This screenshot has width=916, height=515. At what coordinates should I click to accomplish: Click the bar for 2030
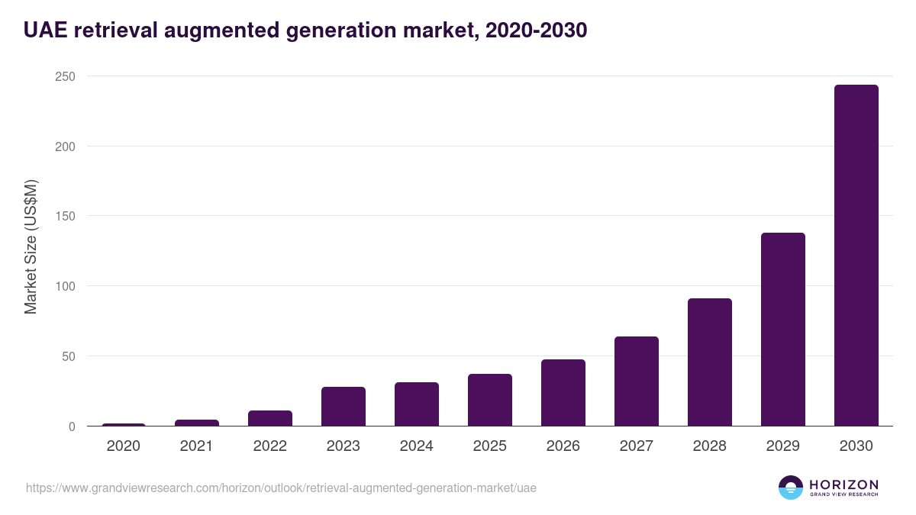(x=856, y=255)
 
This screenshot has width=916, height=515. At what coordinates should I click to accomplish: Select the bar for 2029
(x=782, y=329)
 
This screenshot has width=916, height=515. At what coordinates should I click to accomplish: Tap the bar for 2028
(x=709, y=362)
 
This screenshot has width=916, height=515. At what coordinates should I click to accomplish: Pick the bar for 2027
(x=636, y=381)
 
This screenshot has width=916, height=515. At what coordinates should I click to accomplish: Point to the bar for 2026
(x=563, y=392)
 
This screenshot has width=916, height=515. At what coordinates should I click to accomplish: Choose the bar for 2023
(x=343, y=406)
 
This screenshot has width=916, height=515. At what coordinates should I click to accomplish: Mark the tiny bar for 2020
(x=123, y=424)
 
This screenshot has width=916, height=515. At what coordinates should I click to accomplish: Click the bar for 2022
(x=269, y=418)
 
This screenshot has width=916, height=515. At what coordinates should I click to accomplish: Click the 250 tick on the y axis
(x=65, y=76)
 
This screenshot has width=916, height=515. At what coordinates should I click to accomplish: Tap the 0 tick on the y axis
(x=72, y=426)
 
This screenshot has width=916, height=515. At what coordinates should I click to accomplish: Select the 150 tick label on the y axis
(x=65, y=216)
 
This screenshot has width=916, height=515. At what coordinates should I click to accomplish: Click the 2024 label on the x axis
(x=416, y=446)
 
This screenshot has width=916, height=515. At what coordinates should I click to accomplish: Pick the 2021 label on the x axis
(x=196, y=446)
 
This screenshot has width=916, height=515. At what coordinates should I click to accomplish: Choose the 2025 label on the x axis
(x=489, y=446)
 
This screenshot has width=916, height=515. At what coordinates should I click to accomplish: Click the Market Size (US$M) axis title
(x=31, y=246)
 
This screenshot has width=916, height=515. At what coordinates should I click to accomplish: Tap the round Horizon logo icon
(x=791, y=488)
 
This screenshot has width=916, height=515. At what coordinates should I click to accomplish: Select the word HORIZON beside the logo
(x=843, y=484)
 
